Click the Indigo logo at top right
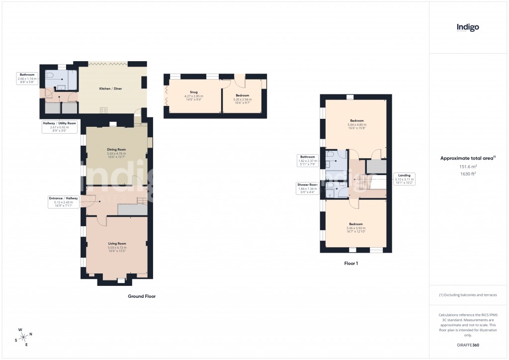pos(468,28)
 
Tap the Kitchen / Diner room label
pos(111,89)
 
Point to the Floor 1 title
pos(351,264)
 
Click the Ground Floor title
pos(142,296)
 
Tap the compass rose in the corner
pos(24,337)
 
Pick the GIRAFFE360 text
pos(467,345)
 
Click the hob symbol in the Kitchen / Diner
pos(104,110)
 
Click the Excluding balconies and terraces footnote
pos(467,295)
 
